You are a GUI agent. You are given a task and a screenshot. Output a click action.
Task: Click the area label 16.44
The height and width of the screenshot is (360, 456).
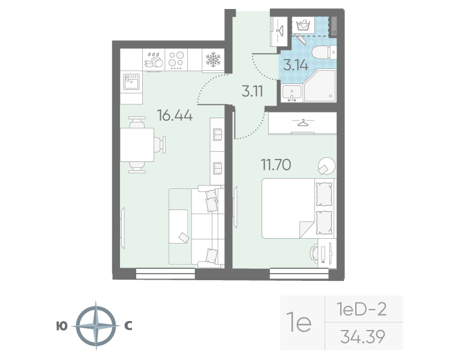175,115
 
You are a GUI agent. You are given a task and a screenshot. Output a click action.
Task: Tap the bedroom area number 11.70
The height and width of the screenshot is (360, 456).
275,165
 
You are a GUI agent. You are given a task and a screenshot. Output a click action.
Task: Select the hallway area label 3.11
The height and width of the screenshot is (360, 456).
252,91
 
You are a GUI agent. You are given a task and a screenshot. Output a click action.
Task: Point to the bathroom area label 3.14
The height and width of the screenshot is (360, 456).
296,65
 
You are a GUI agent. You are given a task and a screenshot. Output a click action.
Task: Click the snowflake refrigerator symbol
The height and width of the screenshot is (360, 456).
213,59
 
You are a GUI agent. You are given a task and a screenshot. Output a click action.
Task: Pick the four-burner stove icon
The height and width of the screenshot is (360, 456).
176,59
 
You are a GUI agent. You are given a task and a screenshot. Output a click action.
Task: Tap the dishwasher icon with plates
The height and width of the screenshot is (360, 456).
154,59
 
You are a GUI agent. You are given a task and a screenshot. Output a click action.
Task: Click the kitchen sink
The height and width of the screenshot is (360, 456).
131,82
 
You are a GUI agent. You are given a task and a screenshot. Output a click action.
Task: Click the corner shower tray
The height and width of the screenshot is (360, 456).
320,85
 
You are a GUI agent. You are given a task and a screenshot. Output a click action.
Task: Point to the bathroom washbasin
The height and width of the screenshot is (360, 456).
292,93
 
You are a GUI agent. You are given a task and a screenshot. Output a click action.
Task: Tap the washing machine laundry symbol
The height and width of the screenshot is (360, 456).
303,25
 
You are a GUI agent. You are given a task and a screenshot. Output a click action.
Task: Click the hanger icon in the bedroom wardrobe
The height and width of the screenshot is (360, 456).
302,123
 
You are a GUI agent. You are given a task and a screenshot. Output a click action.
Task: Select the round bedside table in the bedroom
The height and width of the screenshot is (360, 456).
326,166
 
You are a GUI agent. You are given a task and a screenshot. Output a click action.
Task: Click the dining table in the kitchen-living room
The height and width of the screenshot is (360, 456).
137,145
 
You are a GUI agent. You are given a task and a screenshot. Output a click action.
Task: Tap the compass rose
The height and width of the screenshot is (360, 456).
96,326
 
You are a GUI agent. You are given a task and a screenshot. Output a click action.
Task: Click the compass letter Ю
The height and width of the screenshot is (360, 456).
62,326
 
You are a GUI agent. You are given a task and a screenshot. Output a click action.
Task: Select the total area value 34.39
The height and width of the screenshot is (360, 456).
362,337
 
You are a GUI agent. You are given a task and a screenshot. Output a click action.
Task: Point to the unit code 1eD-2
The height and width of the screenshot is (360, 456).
361,309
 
